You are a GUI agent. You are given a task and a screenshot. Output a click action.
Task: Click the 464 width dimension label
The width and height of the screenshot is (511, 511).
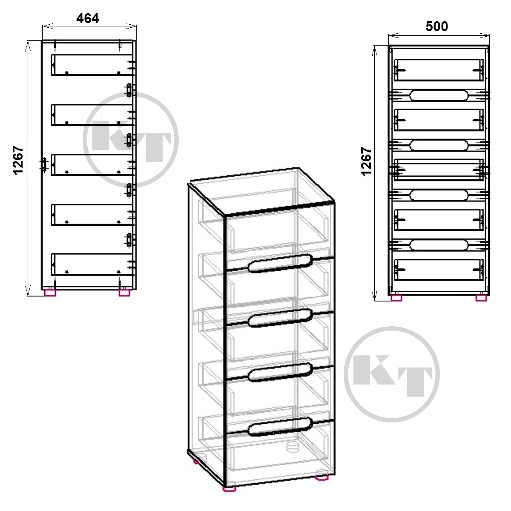88,18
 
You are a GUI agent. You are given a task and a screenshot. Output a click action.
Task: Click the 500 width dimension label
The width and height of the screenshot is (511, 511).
437,26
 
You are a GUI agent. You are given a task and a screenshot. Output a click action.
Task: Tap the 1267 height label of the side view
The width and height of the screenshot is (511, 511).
18,160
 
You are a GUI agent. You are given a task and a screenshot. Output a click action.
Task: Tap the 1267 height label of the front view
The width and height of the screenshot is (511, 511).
366,161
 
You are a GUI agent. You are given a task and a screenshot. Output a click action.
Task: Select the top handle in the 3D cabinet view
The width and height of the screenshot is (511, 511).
280,263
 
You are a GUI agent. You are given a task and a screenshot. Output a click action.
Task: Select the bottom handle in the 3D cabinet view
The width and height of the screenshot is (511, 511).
280,426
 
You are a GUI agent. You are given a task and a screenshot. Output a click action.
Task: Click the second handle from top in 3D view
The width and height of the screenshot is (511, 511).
280,318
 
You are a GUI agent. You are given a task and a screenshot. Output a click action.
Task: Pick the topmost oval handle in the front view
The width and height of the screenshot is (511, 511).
439,95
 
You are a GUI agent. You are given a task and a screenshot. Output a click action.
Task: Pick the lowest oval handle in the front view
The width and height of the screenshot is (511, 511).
439,245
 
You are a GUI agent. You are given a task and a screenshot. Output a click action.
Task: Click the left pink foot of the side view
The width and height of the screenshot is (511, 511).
50,293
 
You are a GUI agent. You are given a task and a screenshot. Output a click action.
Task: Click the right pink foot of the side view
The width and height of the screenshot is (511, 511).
124,293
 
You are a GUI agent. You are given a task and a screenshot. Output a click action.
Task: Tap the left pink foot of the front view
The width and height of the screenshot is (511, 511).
396,298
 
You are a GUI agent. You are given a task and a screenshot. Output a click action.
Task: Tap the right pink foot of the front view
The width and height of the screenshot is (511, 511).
481,298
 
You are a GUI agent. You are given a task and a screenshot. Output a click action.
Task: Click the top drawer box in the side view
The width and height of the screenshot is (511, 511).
92,65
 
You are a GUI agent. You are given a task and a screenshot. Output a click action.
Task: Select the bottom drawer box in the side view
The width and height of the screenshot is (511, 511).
92,264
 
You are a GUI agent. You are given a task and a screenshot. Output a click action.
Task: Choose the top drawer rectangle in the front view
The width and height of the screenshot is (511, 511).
439,70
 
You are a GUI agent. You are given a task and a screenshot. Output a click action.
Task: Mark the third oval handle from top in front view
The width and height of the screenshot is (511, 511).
439,195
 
